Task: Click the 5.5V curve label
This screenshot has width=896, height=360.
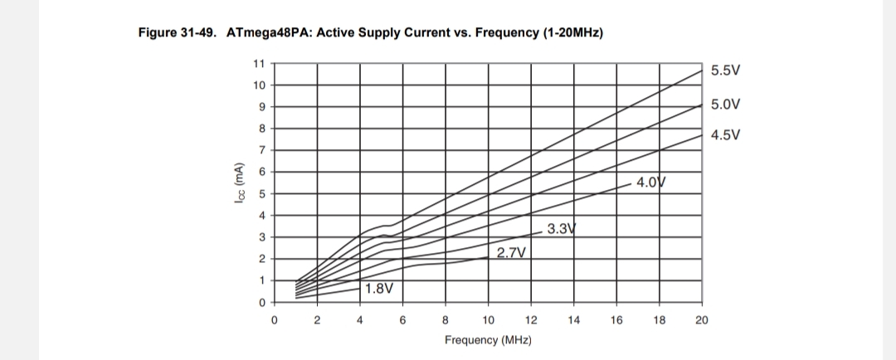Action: pos(725,71)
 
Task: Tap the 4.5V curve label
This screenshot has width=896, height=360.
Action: pos(725,134)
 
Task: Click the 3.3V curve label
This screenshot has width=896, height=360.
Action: pos(562,229)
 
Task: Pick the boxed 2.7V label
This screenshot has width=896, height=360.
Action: pos(512,252)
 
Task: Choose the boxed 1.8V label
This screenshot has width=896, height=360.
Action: pos(378,289)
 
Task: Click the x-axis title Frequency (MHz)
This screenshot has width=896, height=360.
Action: pos(488,340)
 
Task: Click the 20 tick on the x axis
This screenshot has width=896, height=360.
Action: pos(701,321)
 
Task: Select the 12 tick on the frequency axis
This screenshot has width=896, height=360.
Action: pos(531,321)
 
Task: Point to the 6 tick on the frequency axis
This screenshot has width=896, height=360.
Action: pos(402,321)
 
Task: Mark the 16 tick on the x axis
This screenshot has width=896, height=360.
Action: pos(616,321)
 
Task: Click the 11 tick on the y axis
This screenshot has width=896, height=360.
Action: pos(259,64)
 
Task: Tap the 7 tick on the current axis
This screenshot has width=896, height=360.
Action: pos(261,150)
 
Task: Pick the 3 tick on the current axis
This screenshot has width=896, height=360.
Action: pos(261,237)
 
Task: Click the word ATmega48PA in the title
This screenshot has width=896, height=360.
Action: pos(265,33)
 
